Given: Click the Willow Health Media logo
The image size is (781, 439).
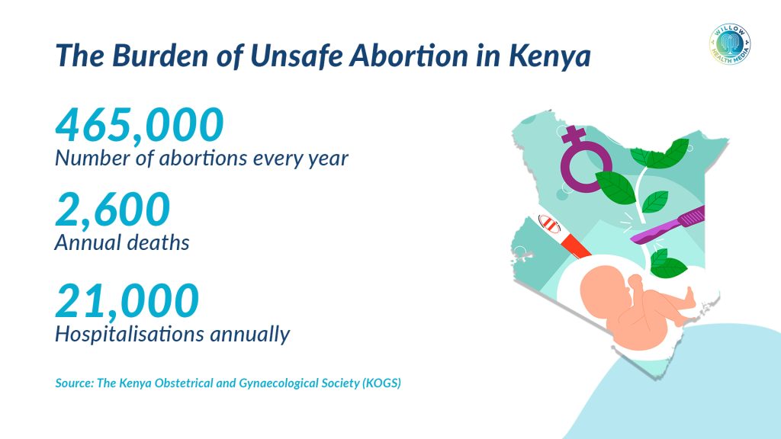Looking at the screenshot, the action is (730, 44).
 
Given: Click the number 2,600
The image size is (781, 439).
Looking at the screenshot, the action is (113, 209).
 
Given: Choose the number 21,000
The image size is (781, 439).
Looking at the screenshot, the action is (127, 300).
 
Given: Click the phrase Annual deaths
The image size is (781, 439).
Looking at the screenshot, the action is (122, 243).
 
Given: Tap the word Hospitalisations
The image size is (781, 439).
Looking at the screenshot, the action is (130, 334).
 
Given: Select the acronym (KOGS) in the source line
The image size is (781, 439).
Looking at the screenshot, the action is (381, 383).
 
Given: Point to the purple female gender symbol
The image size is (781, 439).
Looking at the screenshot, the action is (583, 159).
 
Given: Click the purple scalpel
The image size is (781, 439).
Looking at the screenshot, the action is (667, 225).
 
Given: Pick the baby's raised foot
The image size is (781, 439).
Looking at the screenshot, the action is (689, 296).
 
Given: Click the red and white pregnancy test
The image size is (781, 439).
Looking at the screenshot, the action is (563, 236).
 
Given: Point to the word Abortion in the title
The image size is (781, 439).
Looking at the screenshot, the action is (409, 55).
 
